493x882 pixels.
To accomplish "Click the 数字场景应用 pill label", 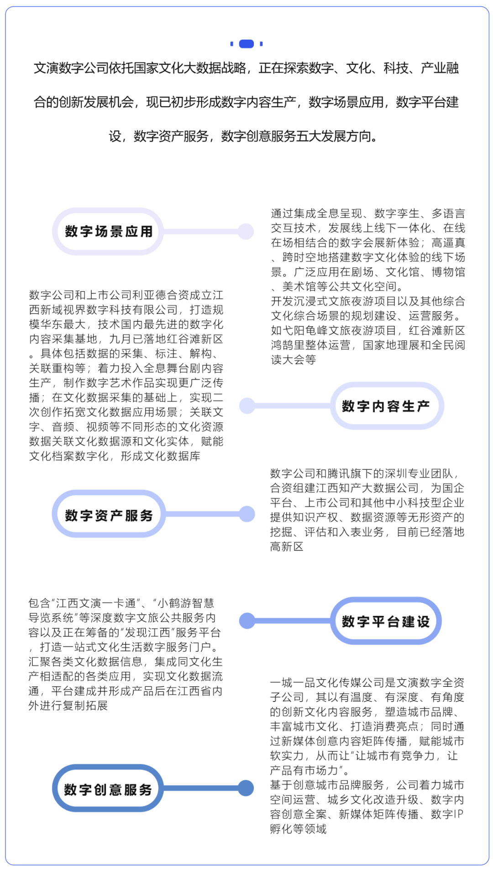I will point(108,232).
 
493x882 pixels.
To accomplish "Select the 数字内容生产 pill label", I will point(386,406).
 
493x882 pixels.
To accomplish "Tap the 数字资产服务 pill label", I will point(109,515).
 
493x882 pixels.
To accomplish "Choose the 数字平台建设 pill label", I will point(386,621).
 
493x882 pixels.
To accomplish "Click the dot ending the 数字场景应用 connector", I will point(246,232).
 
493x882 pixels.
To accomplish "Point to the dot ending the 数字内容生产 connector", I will point(247,406).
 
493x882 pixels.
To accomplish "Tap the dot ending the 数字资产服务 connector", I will point(247,514).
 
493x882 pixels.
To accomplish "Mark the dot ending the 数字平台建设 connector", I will point(247,621).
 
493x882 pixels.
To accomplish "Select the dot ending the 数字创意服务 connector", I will point(246,788).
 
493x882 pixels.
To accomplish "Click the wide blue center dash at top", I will point(246,44).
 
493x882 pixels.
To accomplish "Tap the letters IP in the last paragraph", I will point(458,814).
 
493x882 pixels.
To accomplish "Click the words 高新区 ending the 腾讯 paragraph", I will point(287,547).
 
